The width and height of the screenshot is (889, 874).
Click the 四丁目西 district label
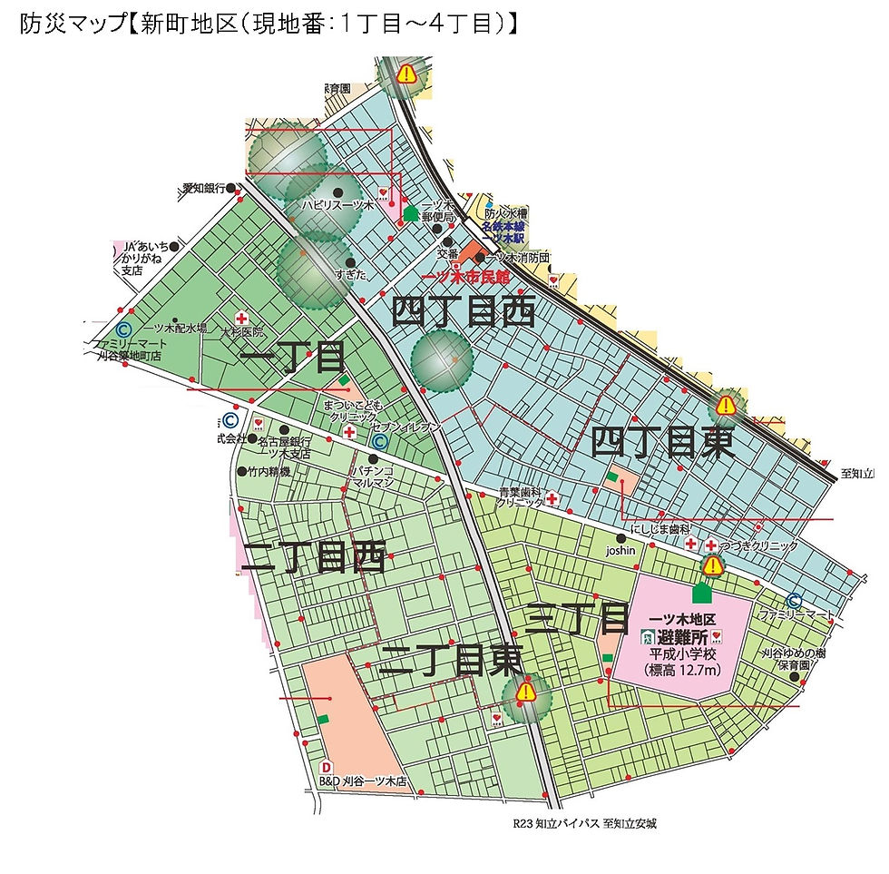click(463, 313)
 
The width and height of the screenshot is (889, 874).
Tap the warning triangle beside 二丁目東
click(525, 693)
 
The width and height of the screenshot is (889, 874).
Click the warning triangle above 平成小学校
click(713, 566)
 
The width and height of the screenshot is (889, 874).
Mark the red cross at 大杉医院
click(241, 318)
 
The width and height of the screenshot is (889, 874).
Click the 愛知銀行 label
click(203, 188)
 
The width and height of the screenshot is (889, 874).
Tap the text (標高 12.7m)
click(683, 671)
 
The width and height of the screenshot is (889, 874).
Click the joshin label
click(621, 551)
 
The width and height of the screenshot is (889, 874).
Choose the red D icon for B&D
click(327, 765)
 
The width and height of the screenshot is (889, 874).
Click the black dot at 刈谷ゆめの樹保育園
click(795, 675)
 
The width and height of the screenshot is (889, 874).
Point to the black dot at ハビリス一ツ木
click(337, 191)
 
